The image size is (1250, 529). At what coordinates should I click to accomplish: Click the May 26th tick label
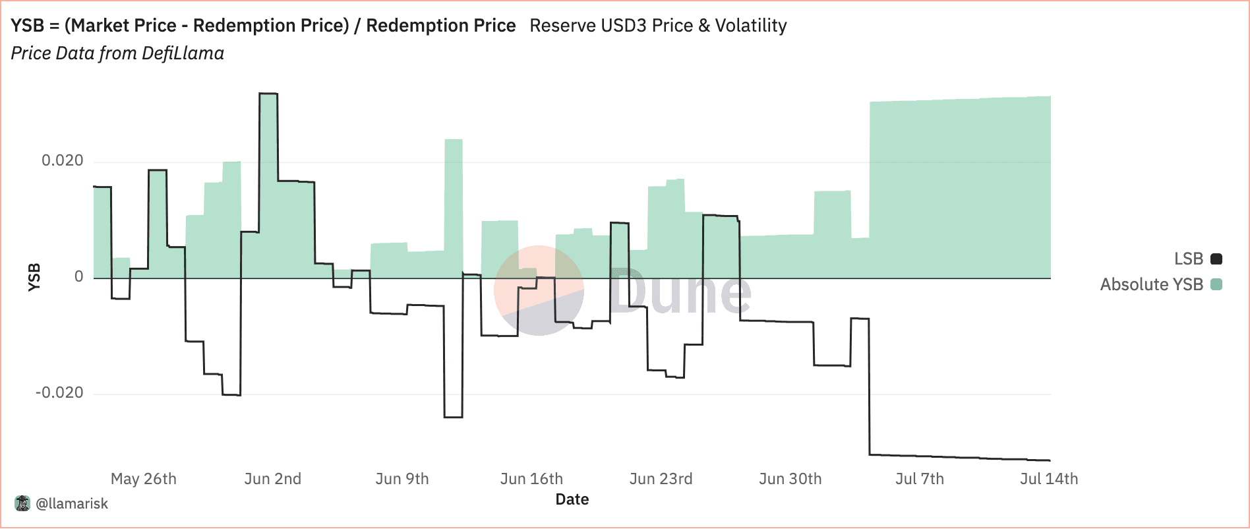coord(144,479)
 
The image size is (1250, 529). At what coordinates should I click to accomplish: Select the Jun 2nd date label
coord(272,479)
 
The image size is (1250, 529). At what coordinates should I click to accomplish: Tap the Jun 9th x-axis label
coord(402,479)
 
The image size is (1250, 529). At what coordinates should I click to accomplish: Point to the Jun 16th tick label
coord(531,479)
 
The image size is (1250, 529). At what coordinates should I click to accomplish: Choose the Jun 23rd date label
coord(661,479)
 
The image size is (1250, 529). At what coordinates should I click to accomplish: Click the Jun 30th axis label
coord(790,479)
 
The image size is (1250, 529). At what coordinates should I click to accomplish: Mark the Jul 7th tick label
coord(919,479)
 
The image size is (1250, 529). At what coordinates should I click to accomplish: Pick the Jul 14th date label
coord(1048,479)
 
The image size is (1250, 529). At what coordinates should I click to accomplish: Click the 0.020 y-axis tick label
coord(63,161)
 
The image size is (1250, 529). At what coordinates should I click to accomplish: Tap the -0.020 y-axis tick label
coord(59,393)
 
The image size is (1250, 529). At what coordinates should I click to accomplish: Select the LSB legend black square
coord(1216,259)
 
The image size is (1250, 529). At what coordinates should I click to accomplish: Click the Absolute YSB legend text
coord(1151,284)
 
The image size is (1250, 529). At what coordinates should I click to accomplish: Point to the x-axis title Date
coord(572,499)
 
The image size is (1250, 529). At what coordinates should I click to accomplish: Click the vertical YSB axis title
coord(34,277)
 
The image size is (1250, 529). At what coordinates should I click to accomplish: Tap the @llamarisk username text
coord(72,504)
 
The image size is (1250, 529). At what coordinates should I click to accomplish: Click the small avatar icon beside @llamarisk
coord(22,503)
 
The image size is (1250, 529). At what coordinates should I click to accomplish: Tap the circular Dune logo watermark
coord(539,290)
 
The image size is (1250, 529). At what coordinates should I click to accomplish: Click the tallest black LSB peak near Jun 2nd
coord(268,94)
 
